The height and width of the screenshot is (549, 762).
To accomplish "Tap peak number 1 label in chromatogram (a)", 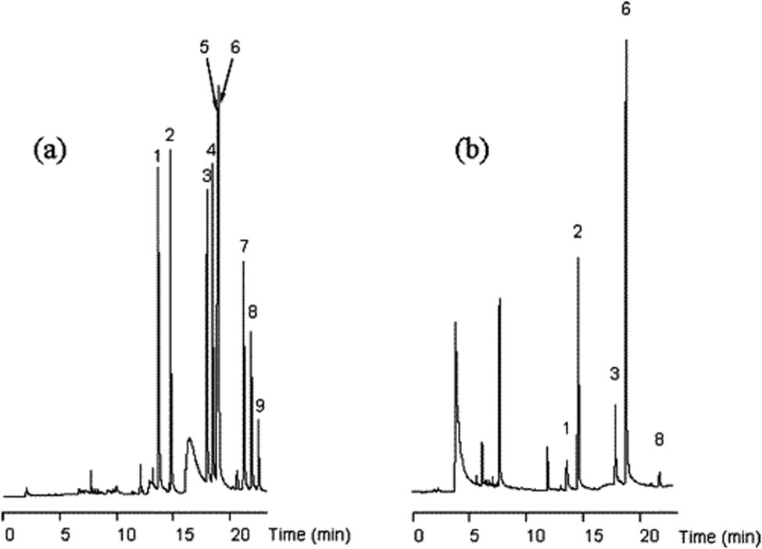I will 158,156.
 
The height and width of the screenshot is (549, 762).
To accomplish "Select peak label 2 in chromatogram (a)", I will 170,135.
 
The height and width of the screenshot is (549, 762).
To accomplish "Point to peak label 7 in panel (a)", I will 244,247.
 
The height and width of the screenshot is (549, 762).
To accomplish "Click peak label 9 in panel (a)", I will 259,405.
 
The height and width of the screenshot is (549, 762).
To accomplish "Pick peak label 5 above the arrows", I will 205,47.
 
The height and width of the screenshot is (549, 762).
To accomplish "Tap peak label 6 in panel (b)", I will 625,9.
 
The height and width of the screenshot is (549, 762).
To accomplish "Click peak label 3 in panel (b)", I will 614,375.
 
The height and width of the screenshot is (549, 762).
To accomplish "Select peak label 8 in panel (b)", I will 659,440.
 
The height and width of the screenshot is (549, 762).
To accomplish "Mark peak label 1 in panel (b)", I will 566,427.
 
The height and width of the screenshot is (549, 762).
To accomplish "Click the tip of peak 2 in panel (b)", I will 578,258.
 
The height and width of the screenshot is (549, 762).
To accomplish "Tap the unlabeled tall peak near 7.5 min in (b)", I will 499,300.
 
